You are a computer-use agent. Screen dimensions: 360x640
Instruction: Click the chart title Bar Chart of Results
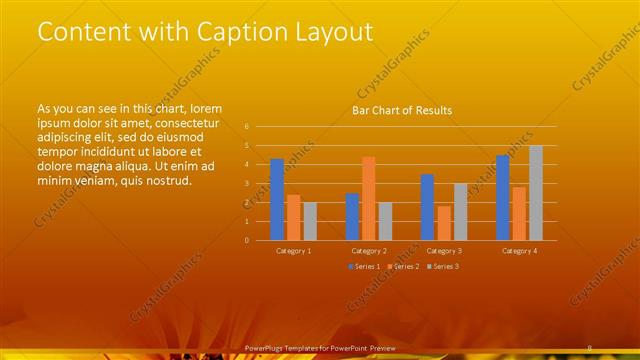402,110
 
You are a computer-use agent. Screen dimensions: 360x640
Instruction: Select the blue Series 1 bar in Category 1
277,199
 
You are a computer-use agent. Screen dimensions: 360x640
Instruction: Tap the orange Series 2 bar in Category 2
368,198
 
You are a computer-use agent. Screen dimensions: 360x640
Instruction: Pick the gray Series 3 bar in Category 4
536,192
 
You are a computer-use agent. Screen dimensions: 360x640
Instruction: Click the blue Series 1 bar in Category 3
427,207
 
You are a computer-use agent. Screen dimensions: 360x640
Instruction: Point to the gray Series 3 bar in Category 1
309,221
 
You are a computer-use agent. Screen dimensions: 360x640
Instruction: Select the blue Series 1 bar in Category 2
352,216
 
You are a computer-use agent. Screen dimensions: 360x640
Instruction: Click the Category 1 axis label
293,250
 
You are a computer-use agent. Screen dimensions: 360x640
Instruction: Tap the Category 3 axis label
444,250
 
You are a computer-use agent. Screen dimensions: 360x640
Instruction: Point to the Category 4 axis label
520,250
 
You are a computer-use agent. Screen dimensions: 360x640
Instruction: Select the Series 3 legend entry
444,266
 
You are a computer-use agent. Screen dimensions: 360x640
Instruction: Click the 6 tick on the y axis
246,127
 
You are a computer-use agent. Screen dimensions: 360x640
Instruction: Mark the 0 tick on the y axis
246,240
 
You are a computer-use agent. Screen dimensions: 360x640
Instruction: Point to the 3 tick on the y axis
246,183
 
